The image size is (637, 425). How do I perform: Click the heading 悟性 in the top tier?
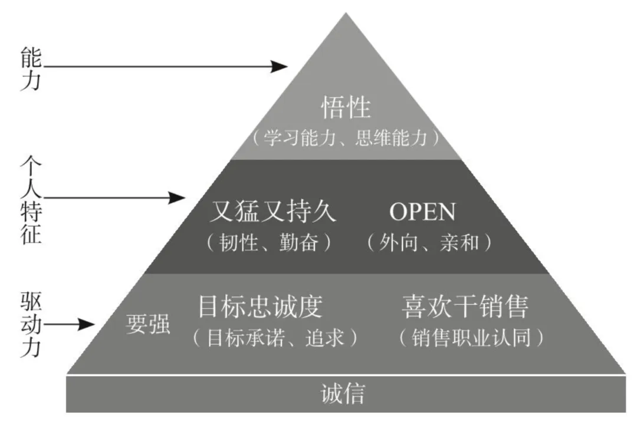click(346, 108)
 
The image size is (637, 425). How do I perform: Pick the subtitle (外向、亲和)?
click(429, 243)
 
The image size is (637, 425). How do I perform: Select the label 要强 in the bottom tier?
click(148, 324)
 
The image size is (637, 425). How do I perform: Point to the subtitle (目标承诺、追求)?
click(275, 337)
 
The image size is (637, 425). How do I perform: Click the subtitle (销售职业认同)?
click(470, 338)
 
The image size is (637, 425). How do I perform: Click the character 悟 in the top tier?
click(333, 108)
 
